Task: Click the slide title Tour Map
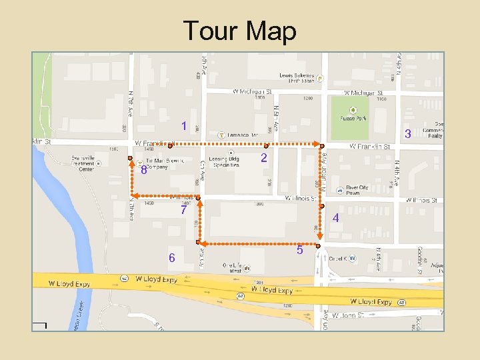point(239,31)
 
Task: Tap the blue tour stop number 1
point(184,126)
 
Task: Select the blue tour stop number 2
point(264,158)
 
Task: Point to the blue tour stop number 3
point(407,134)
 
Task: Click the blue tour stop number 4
point(335,218)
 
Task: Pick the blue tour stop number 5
point(300,250)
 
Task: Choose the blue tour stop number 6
point(171,257)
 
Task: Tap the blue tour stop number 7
point(184,211)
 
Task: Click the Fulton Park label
point(353,119)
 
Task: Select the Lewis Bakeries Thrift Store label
point(297,79)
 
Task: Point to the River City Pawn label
point(357,190)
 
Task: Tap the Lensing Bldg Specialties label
point(225,162)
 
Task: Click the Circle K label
point(336,258)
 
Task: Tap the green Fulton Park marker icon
point(353,110)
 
